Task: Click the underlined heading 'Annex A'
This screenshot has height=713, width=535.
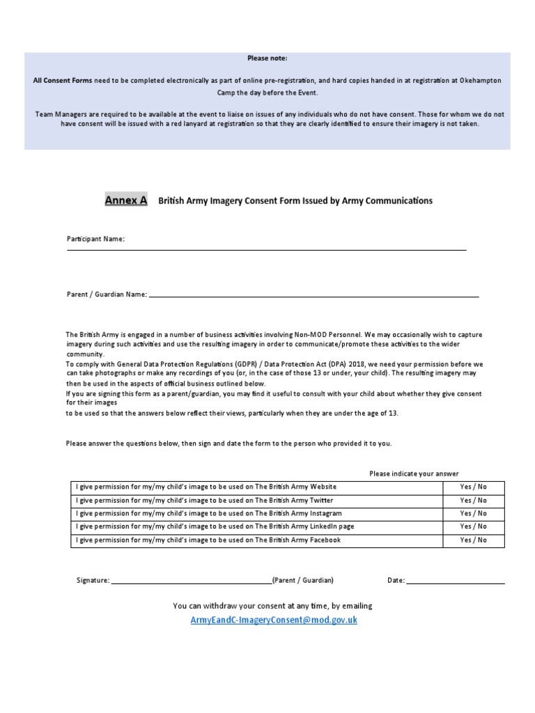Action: click(126, 201)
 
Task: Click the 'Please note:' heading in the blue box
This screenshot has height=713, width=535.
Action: click(267, 58)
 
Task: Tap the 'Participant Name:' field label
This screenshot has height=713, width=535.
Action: click(95, 239)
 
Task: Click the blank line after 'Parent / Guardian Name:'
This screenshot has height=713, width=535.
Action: click(313, 295)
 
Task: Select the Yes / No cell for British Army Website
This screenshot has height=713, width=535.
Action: click(473, 487)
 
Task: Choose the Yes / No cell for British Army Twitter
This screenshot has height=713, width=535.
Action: click(473, 500)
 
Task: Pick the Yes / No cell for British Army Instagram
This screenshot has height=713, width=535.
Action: click(473, 513)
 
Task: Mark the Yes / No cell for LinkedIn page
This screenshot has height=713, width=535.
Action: click(473, 526)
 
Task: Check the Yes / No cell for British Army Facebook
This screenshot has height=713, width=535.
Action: click(473, 540)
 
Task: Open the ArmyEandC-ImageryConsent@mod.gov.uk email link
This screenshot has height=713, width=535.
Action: click(273, 620)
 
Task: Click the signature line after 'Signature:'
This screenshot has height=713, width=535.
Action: click(191, 581)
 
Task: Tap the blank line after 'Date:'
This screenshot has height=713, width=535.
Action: click(456, 581)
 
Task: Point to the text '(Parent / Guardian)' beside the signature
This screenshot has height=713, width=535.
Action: click(303, 580)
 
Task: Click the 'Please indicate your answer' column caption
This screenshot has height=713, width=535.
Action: click(414, 473)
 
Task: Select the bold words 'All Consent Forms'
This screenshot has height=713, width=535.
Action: click(62, 81)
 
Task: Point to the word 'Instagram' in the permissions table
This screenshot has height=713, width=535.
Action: click(323, 513)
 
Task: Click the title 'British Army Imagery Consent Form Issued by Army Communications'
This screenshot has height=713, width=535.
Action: click(295, 201)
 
